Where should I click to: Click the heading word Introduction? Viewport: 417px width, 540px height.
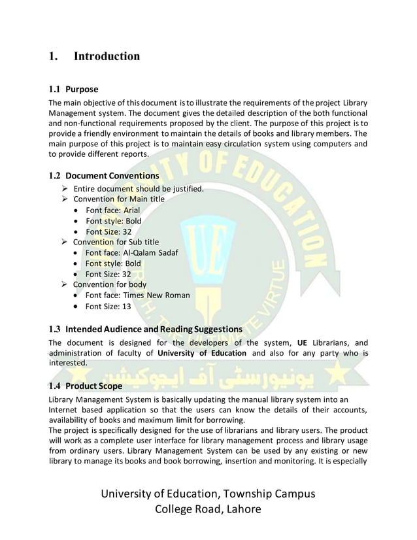(107, 56)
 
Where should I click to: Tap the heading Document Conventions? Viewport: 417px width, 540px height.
(112, 176)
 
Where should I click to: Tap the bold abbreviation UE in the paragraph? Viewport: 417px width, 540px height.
(302, 343)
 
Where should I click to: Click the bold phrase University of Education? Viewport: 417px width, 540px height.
(201, 353)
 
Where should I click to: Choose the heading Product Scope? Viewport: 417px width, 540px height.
(92, 386)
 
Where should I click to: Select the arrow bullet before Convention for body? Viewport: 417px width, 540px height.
(64, 284)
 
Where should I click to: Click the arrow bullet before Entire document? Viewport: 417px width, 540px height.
(64, 190)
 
